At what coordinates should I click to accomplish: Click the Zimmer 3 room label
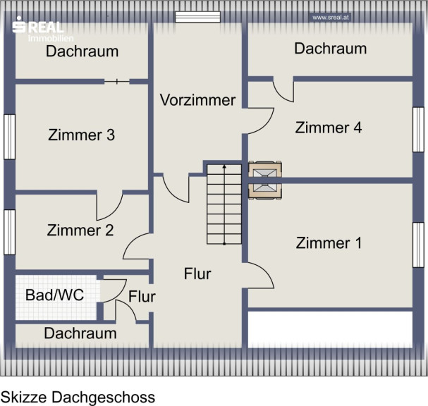81,135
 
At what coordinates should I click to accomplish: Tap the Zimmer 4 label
329,128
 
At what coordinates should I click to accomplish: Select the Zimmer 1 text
329,243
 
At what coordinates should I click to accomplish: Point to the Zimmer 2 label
80,230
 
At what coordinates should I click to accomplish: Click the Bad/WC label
54,295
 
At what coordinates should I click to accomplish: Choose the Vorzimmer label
197,100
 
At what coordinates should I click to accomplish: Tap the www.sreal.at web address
331,18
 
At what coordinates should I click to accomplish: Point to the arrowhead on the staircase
224,166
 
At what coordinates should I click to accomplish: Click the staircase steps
224,204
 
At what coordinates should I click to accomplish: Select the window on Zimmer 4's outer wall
418,130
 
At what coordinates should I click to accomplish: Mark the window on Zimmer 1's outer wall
418,245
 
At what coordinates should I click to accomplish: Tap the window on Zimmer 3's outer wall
10,137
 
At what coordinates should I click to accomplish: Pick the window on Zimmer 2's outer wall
10,232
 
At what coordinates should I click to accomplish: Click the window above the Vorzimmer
197,17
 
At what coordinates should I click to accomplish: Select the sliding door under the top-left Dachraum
117,81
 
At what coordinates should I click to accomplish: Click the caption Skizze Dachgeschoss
78,398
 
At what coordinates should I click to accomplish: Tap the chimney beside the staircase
265,180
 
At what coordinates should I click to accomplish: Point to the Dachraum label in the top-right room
330,49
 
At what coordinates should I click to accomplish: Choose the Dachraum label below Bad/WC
80,333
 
